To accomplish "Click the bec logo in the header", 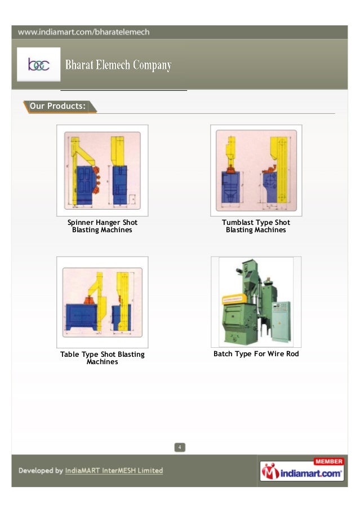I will click(x=38, y=65).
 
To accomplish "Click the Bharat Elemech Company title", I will click(x=118, y=66).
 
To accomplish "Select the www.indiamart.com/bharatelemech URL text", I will click(x=83, y=32).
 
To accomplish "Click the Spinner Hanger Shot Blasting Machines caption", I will click(x=102, y=226).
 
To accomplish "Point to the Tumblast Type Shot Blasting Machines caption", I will click(x=256, y=226).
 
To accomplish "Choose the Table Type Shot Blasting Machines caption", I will click(x=102, y=358).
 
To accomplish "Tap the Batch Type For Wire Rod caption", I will click(x=256, y=354).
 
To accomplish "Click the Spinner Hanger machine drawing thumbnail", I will click(x=102, y=170).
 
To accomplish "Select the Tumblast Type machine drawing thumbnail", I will click(x=256, y=170).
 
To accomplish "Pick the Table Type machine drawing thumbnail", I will click(x=102, y=302).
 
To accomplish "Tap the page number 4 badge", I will click(x=179, y=447).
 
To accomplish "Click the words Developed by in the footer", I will click(x=41, y=471).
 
